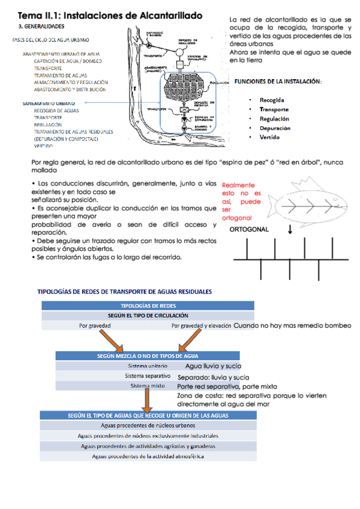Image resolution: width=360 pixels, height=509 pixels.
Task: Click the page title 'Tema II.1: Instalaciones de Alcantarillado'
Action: point(110,14)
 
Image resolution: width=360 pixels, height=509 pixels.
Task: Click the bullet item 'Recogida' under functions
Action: point(272,100)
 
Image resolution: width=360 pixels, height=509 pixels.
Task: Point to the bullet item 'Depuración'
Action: point(275,128)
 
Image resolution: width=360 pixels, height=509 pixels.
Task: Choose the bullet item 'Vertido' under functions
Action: point(269,137)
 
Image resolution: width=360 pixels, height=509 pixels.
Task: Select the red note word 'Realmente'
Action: point(238,185)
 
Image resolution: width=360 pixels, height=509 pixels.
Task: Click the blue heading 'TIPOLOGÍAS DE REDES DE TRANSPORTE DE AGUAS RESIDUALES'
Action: point(125,292)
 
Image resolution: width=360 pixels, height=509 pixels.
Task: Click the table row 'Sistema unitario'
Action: point(148,366)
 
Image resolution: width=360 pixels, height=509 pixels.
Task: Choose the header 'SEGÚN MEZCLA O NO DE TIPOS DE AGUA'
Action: point(148,356)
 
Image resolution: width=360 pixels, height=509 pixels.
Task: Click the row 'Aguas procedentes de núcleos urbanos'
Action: point(148,426)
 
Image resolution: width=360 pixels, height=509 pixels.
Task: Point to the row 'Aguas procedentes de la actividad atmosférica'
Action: point(148,456)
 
